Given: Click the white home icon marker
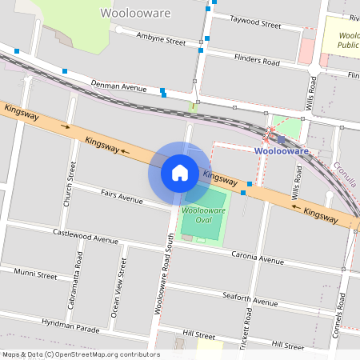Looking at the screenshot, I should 180,173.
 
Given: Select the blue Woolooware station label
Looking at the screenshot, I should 282,150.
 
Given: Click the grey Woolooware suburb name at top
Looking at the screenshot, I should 134,14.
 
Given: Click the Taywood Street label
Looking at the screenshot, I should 255,24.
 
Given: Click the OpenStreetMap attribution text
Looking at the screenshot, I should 81,354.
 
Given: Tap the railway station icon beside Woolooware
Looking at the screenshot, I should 281,139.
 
